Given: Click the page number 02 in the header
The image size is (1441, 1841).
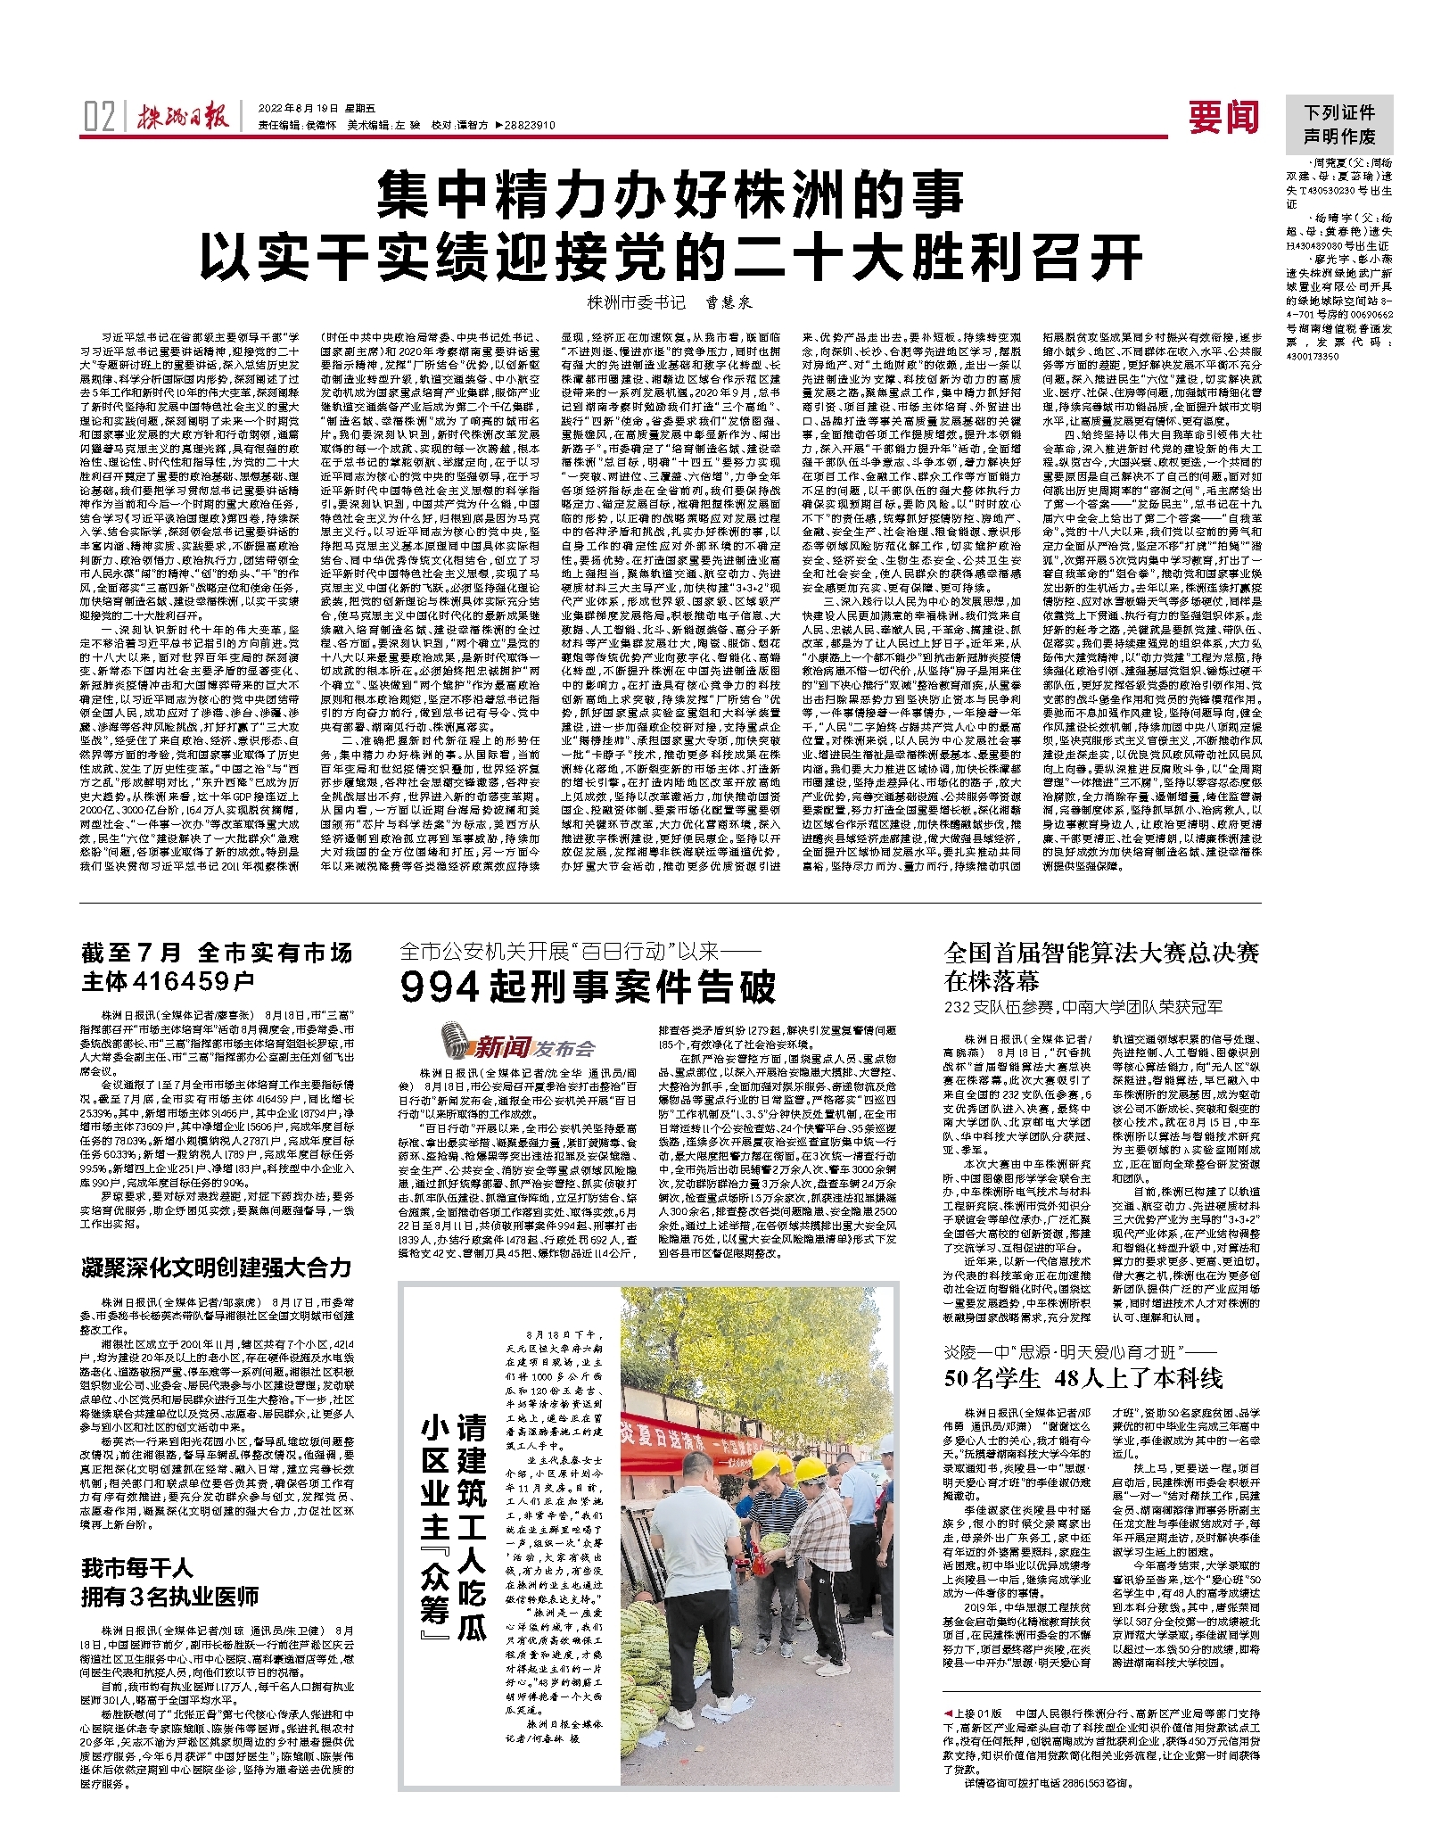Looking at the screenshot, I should click(x=98, y=117).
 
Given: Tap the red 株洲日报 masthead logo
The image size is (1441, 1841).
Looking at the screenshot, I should click(x=183, y=117).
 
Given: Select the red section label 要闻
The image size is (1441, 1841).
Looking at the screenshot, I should click(x=1223, y=117).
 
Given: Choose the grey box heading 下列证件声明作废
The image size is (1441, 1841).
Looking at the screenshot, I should click(x=1338, y=125).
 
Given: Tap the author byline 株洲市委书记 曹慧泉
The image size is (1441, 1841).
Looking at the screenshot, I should click(x=670, y=302).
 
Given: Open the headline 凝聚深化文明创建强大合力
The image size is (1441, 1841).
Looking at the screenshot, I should click(x=217, y=1267).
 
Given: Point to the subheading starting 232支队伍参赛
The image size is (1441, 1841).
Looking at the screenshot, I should click(x=1083, y=1007).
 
